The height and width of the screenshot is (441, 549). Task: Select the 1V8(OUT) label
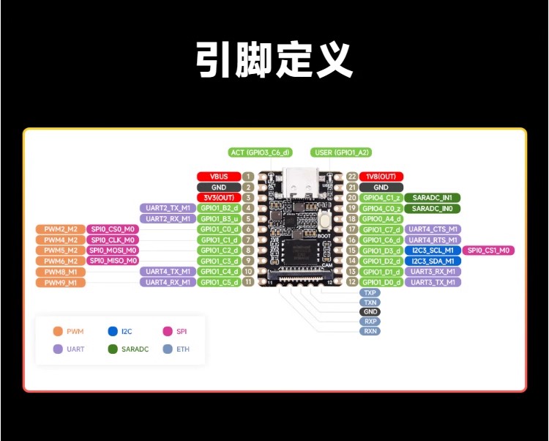tap(381, 177)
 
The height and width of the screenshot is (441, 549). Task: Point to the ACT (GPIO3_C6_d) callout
tap(260, 152)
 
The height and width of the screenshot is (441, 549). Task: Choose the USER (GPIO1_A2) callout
tap(341, 152)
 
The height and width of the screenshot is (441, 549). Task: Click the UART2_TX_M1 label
tap(168, 208)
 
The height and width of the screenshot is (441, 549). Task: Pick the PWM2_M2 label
tap(60, 229)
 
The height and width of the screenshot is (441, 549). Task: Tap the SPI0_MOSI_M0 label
tap(113, 251)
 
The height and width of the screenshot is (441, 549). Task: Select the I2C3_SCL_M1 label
tap(433, 251)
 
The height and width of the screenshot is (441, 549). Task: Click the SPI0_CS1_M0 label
tap(488, 251)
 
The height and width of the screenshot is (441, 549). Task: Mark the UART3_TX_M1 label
tap(433, 282)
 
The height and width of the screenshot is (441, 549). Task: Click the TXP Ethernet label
tap(370, 292)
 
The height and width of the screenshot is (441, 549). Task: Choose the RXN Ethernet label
tap(370, 331)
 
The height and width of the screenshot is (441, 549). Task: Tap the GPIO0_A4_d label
tap(381, 218)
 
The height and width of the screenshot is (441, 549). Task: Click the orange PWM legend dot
tap(57, 332)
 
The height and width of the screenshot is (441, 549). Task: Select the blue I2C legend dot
tap(112, 332)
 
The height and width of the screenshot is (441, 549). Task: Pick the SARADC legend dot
tap(112, 349)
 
